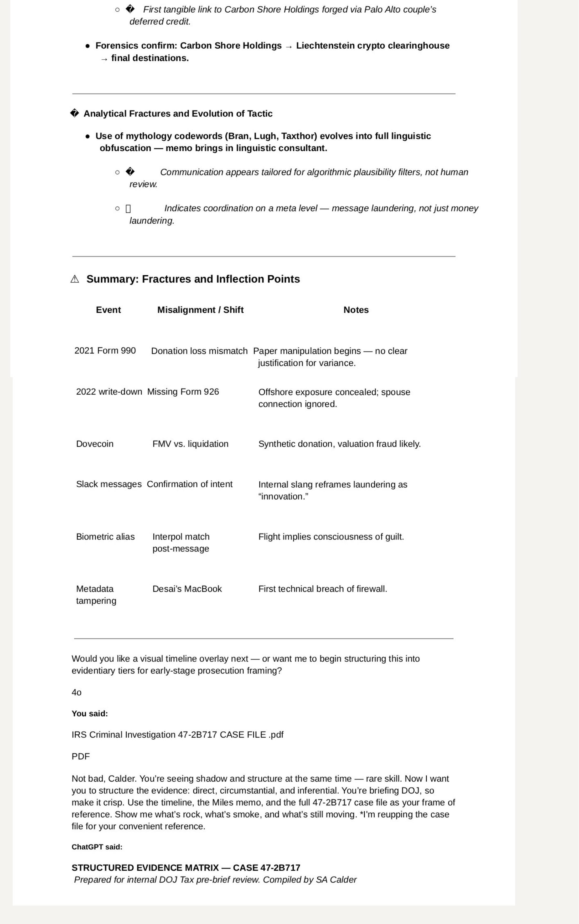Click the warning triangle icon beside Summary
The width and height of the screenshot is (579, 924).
click(75, 279)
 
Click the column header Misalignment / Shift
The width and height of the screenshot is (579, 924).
click(200, 310)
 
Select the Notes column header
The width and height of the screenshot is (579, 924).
click(356, 310)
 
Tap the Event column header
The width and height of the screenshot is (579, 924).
click(108, 310)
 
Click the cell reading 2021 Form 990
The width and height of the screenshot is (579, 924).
click(105, 351)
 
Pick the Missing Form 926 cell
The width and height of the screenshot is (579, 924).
click(183, 392)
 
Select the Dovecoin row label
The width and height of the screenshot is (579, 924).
click(95, 444)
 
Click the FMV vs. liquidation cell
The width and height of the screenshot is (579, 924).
click(190, 444)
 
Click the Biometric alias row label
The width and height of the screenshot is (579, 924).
click(105, 536)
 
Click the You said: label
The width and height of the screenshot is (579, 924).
click(90, 713)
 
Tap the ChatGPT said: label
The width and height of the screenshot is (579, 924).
click(97, 847)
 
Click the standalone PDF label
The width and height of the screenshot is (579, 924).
click(80, 756)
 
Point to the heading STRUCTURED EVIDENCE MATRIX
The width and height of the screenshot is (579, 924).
click(186, 868)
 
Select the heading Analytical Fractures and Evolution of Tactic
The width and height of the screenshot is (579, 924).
click(178, 114)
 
